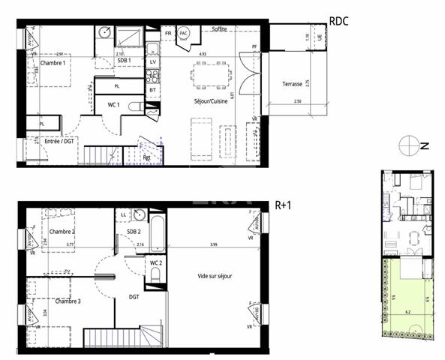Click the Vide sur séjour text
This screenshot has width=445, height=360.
[x=215, y=276]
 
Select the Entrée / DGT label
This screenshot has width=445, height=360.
[x=60, y=140]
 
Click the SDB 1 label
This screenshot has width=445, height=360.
[x=122, y=60]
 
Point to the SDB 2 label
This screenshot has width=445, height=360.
[x=134, y=232]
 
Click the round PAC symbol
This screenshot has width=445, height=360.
[x=184, y=34]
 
